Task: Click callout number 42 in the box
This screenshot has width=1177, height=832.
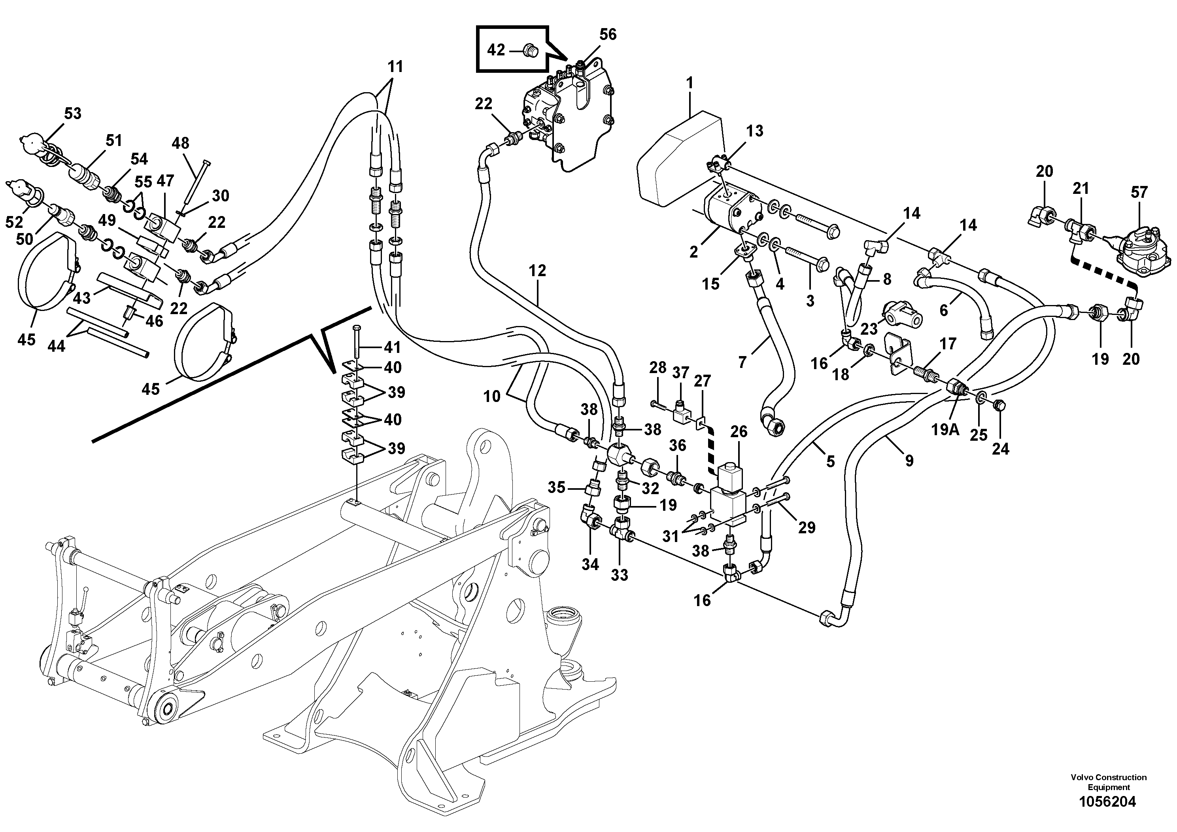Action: pyautogui.click(x=496, y=50)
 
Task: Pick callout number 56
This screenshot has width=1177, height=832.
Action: pyautogui.click(x=608, y=34)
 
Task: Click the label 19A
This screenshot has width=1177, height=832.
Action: pyautogui.click(x=945, y=429)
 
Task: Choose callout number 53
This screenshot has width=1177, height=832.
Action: pyautogui.click(x=72, y=114)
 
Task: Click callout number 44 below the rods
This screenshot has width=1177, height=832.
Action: pyautogui.click(x=57, y=347)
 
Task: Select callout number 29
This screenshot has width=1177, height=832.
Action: pyautogui.click(x=807, y=527)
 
